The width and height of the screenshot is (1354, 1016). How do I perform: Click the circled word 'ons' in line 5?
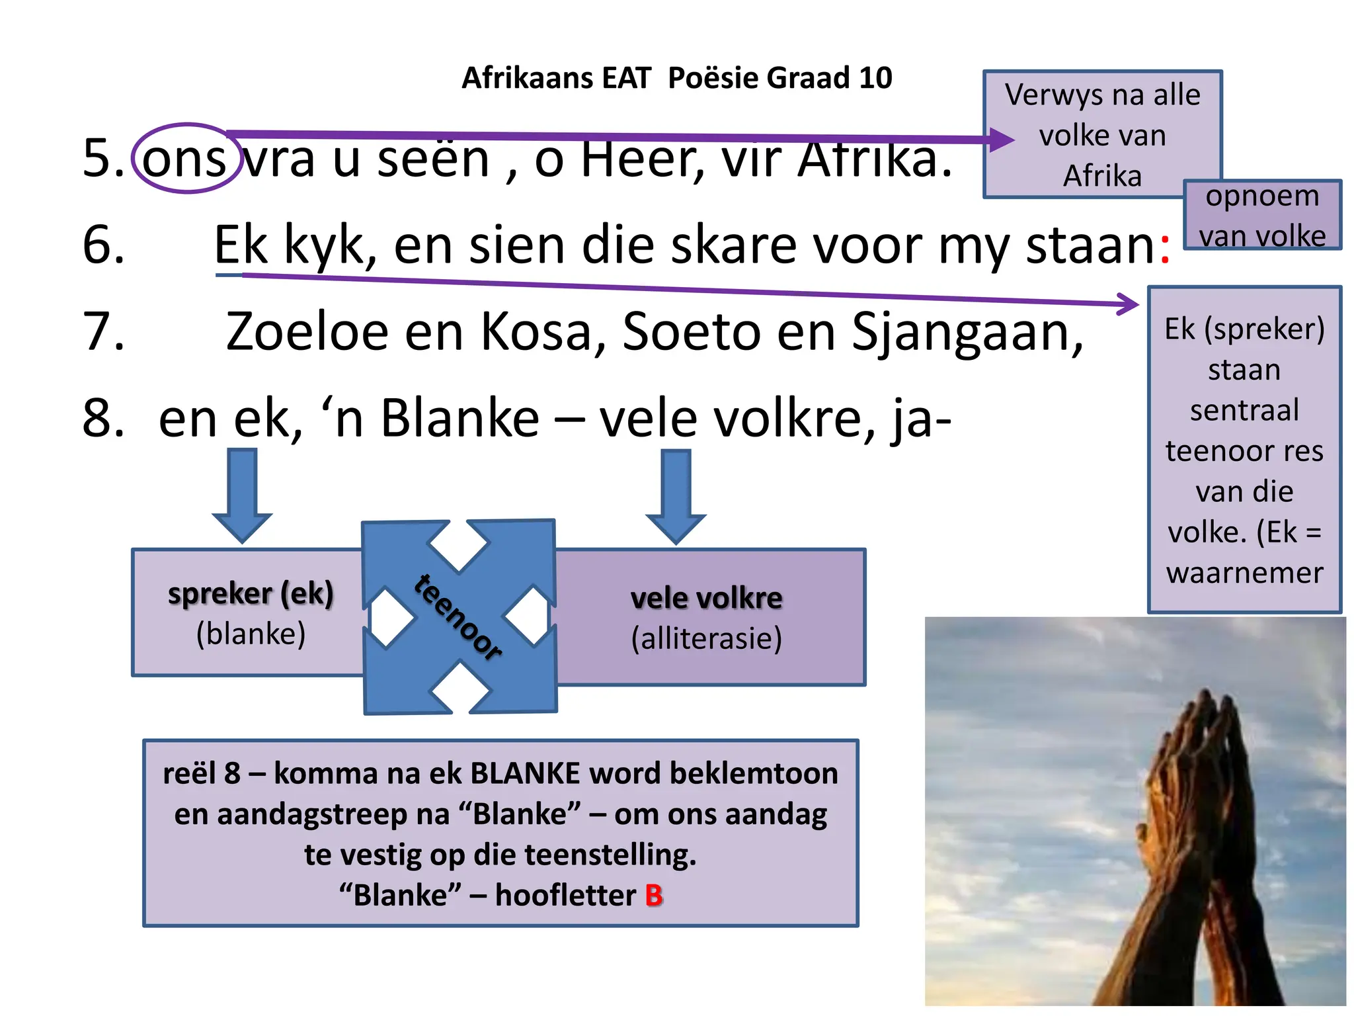184,159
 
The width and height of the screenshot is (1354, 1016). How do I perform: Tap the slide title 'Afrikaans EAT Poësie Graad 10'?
676,78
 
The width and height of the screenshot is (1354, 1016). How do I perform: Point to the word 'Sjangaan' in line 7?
966,333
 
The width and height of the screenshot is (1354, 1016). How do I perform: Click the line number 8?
103,419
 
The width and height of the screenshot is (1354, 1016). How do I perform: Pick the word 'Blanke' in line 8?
460,419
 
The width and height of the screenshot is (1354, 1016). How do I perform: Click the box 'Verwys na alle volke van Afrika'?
1101,135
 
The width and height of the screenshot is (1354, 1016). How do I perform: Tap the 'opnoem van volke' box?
1261,216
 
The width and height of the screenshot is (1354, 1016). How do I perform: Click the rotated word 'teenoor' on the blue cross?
458,616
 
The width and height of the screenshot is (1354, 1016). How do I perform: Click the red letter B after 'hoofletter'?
654,896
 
